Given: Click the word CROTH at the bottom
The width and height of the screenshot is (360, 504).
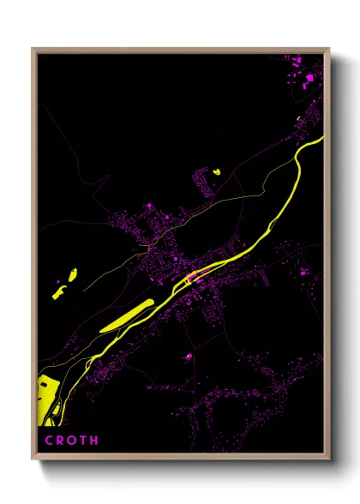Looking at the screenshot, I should [71, 441].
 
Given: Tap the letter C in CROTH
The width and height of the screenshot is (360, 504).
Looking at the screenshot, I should [48, 441].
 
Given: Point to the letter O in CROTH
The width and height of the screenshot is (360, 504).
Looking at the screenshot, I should [71, 441].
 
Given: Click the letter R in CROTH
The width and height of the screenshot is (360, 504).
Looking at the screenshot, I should [59, 441].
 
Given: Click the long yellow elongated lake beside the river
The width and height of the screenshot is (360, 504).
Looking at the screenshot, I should [126, 315].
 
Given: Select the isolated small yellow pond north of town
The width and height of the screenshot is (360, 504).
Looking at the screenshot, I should [216, 172].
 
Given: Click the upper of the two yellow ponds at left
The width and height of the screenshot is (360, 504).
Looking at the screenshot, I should [72, 275].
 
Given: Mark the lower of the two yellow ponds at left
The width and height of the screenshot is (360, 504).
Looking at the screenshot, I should [59, 292].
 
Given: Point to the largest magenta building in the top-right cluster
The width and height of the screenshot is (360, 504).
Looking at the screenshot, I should [309, 79].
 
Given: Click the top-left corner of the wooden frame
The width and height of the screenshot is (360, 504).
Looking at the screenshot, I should [33, 49].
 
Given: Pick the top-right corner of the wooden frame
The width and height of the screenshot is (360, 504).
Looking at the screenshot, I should [329, 49].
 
